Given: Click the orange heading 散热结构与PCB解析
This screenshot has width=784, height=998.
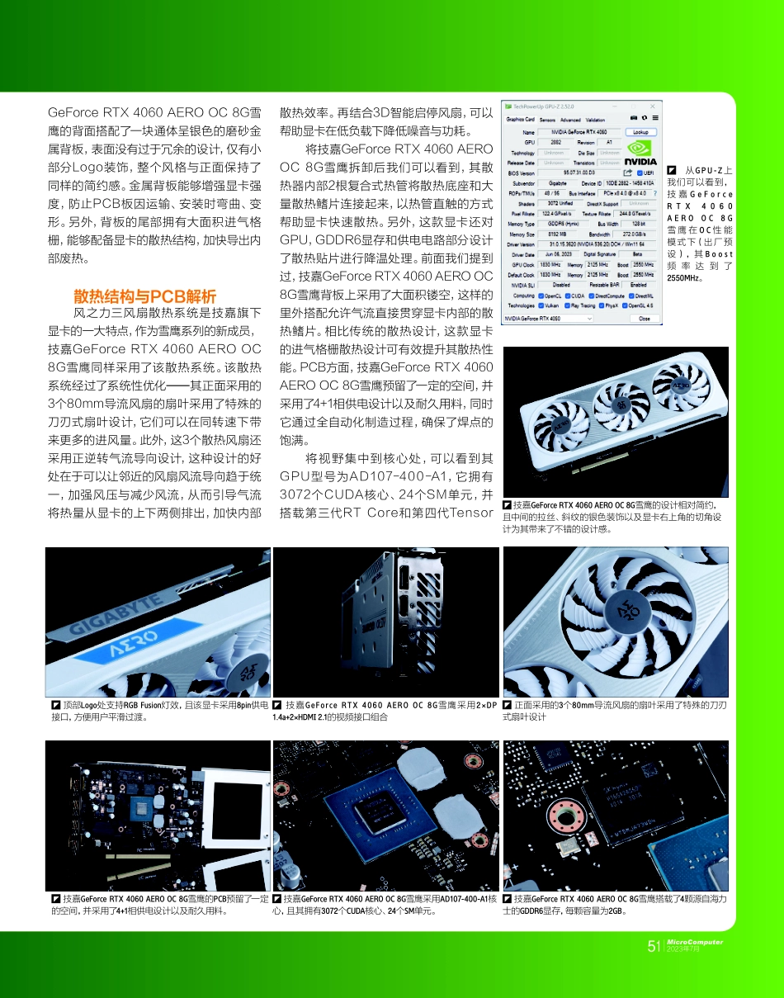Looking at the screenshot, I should tap(144, 296).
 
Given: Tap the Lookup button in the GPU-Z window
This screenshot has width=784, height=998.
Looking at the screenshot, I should tap(639, 132).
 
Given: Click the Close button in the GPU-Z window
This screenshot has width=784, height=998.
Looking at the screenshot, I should tap(644, 318).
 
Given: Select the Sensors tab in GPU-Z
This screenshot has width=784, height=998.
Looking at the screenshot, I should tap(548, 120).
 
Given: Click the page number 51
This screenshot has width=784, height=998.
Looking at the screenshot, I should tap(654, 946).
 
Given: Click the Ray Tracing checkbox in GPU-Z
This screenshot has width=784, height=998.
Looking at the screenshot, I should tap(570, 305).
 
